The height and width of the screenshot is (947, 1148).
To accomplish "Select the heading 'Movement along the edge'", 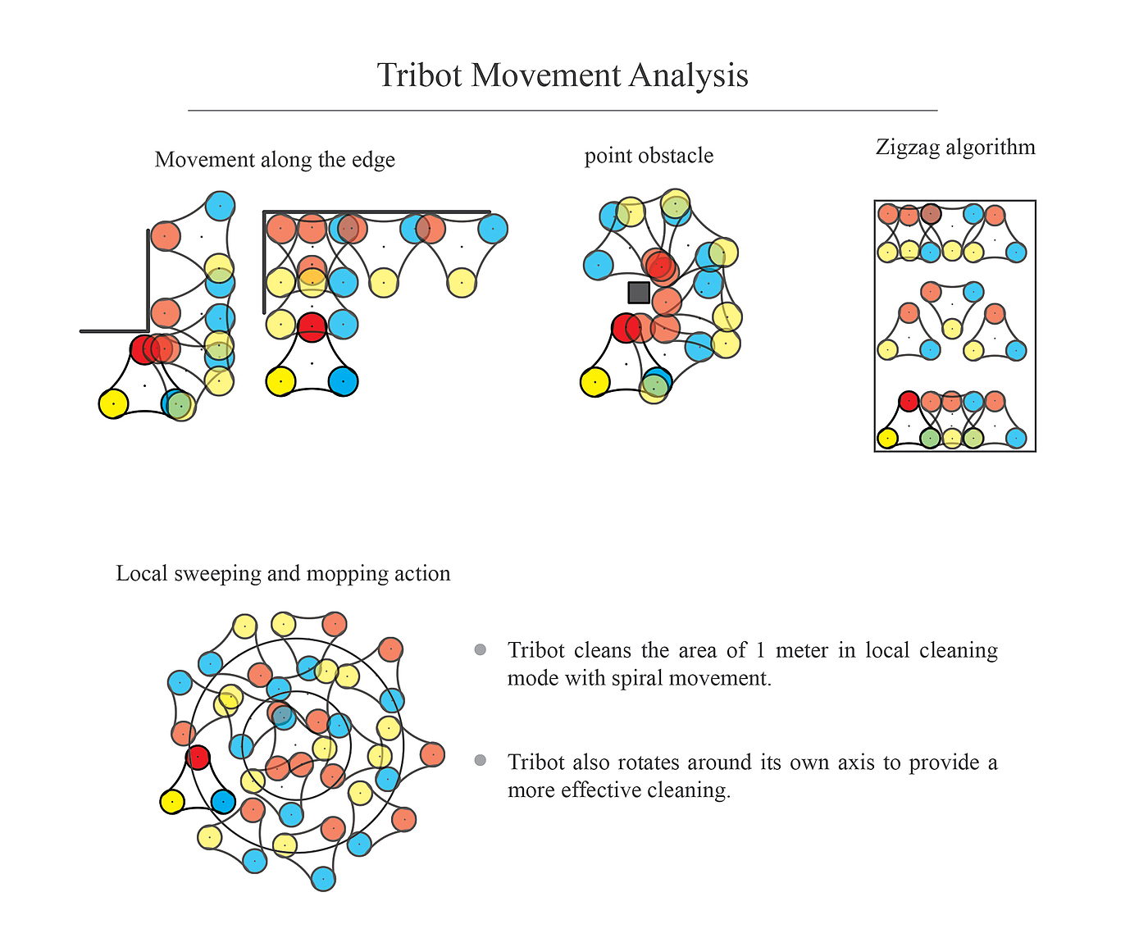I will pos(275,159).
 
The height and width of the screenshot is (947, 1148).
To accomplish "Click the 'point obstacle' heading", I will pos(649,156).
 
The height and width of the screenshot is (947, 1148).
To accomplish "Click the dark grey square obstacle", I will pos(639,293).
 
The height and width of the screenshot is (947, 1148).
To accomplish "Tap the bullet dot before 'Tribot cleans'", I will pos(481,650).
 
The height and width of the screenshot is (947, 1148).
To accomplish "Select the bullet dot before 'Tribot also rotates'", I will pos(481,761).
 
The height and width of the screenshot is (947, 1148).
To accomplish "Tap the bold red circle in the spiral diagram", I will pos(198,757).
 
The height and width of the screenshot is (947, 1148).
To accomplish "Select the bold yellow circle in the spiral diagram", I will pos(171,802).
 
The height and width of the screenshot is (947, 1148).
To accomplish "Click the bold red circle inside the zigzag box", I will pos(908,401).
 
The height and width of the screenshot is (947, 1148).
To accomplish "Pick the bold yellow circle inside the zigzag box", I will pos(886,438).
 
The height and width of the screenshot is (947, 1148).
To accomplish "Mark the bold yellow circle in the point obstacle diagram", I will pos(594,382).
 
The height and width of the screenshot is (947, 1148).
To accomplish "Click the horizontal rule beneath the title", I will pos(563,110).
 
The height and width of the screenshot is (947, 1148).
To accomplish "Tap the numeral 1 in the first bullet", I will pos(759,650).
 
